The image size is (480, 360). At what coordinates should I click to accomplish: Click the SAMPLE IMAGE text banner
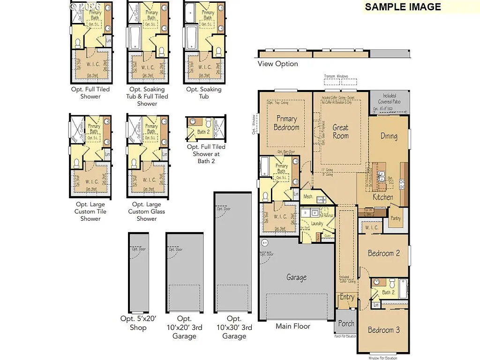tap(403, 7)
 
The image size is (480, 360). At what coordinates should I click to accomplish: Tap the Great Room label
tap(341, 131)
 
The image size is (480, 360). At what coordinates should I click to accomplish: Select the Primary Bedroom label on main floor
tap(286, 123)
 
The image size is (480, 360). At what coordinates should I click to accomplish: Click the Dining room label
tap(389, 136)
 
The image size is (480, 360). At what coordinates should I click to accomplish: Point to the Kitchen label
tap(383, 197)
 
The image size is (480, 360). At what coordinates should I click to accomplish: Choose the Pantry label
tap(396, 218)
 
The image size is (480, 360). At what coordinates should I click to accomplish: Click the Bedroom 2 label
tap(383, 253)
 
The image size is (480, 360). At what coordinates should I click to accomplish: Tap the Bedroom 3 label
tap(383, 330)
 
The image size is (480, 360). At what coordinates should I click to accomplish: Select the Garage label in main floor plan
tap(296, 277)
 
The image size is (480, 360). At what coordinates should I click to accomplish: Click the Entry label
tap(347, 297)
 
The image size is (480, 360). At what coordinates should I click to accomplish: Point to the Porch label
tap(346, 323)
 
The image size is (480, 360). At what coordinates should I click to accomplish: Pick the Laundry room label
tap(317, 224)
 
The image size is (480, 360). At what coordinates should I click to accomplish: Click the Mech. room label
tap(308, 197)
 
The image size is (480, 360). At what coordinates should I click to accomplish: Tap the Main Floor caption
tap(293, 326)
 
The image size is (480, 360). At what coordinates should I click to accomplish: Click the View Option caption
tap(277, 64)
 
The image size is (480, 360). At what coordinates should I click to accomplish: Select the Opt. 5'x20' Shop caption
tap(138, 323)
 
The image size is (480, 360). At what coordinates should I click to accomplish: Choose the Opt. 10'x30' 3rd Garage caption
tap(234, 327)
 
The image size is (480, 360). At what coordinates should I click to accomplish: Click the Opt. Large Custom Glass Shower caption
tap(147, 211)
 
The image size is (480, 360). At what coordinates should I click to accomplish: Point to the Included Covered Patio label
tap(390, 98)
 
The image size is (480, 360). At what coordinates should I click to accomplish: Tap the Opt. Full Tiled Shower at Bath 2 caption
tap(206, 154)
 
